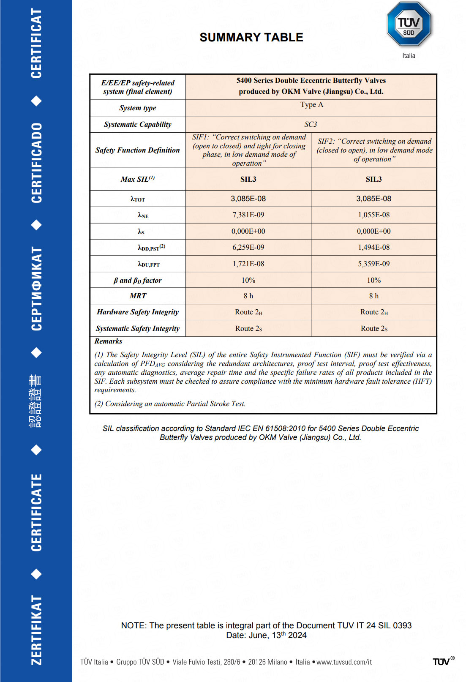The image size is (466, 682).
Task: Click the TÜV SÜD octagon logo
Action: [x=409, y=24]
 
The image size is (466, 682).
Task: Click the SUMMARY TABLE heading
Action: [x=251, y=38]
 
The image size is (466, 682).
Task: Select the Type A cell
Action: [x=311, y=105]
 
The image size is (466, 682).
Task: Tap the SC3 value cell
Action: [x=311, y=124]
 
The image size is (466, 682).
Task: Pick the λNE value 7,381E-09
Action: [x=248, y=215]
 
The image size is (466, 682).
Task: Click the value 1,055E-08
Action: [x=373, y=215]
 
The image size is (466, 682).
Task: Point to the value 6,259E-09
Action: [x=248, y=247]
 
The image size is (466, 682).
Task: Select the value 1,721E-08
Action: [x=248, y=264]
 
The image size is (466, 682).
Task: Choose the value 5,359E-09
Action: [x=373, y=264]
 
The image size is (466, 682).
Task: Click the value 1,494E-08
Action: [x=373, y=247]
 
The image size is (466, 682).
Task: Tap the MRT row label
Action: [x=138, y=296]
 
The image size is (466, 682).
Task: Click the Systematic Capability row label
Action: [x=138, y=124]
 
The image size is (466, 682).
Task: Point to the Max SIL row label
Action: [x=138, y=179]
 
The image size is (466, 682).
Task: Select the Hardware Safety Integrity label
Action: [x=138, y=312]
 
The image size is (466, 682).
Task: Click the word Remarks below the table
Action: [x=108, y=341]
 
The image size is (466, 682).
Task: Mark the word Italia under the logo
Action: [x=409, y=56]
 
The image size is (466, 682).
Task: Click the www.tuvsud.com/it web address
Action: [x=344, y=662]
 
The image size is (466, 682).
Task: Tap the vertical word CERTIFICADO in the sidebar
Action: [x=36, y=163]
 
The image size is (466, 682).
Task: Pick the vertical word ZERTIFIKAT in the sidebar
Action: [x=36, y=630]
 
